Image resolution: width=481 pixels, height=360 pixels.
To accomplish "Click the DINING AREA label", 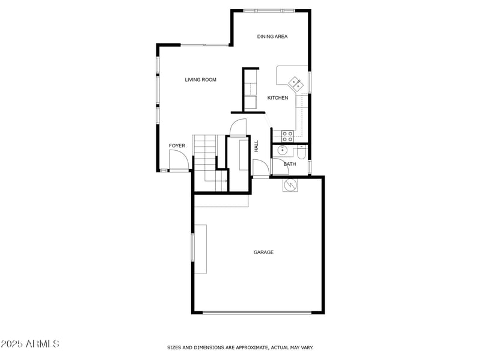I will [272, 37].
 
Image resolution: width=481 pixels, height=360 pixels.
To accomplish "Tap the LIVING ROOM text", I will [200, 80].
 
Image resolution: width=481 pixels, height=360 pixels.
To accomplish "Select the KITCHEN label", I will [278, 98].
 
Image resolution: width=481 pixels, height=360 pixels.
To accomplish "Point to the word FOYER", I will [177, 146].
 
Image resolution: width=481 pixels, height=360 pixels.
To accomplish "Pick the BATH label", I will [290, 164].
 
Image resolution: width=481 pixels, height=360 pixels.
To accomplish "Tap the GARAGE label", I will [263, 252].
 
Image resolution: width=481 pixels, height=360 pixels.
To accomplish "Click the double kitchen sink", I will [295, 82].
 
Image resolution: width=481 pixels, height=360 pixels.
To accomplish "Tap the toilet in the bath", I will [301, 150].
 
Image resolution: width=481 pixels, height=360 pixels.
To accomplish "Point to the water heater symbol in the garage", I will [290, 185].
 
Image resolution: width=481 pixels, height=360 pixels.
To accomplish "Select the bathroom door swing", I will [280, 165].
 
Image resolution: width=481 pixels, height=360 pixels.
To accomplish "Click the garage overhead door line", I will [257, 312].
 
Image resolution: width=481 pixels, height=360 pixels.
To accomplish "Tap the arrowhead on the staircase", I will [225, 180].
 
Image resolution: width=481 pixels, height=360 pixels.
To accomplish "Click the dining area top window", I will [269, 10].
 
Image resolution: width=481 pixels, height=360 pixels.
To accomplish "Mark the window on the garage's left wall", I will [193, 247].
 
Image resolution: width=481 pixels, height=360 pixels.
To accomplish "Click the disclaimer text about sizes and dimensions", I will [240, 347].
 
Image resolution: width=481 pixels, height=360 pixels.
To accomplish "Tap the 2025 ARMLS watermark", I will [30, 344].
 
